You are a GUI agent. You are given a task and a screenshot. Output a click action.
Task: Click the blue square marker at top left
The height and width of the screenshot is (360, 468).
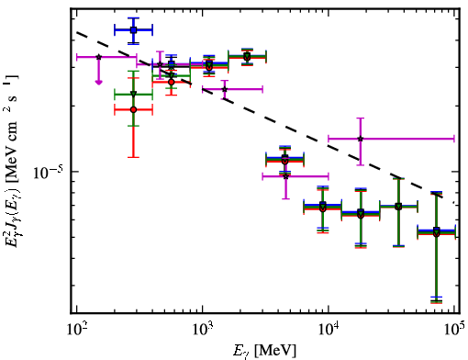coord(133,30)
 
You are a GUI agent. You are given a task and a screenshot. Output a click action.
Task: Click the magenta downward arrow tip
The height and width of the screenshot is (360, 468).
coord(98,83)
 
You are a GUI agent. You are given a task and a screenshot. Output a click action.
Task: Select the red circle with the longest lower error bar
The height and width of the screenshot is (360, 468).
coord(133,109)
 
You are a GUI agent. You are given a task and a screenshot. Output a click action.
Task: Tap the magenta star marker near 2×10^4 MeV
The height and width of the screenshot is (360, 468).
coord(361,139)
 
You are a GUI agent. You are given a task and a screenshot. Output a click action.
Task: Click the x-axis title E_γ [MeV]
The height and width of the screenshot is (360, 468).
coord(264,351)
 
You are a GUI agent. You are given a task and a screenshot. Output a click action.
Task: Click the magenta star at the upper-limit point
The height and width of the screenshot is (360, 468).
coord(98,57)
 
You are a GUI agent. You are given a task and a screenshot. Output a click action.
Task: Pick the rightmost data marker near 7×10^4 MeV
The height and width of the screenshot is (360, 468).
coord(437,232)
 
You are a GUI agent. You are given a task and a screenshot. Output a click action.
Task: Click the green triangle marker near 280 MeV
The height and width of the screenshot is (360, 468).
coord(133,94)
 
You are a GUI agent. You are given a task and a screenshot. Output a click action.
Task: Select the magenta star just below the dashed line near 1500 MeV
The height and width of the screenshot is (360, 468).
coord(225,89)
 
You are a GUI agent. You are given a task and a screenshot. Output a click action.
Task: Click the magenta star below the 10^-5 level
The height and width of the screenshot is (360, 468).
coord(285,176)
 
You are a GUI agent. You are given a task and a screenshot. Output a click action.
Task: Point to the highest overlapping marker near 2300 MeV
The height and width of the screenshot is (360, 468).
coord(247,57)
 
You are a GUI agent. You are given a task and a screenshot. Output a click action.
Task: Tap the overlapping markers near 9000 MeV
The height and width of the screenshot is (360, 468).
coord(323,207)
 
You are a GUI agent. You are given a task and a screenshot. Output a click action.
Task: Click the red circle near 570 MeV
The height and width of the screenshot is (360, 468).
coord(172,82)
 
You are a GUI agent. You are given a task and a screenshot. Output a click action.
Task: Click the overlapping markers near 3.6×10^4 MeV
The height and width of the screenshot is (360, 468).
coord(398,207)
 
